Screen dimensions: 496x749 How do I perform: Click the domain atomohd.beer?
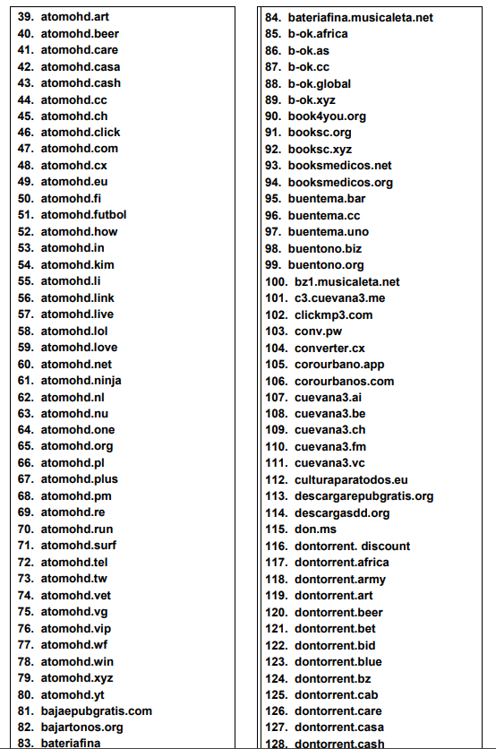pos(80,33)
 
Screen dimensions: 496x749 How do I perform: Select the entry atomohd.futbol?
pos(83,215)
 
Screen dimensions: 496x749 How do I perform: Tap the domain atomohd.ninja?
pos(81,381)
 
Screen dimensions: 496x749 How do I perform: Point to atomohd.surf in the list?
pos(79,546)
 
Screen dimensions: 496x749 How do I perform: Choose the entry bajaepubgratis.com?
pos(96,711)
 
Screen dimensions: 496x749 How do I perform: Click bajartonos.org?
pos(82,727)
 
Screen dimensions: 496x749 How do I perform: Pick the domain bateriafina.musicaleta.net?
pos(360,17)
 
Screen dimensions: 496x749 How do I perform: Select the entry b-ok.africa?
pos(318,33)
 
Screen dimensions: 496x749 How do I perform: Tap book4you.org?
pos(327,116)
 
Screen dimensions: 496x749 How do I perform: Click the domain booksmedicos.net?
pos(340,166)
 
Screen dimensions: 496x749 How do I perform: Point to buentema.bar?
pos(327,199)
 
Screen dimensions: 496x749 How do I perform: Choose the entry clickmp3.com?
pos(333,314)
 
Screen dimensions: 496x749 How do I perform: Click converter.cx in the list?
pos(329,348)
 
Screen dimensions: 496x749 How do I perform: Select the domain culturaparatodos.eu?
pos(351,480)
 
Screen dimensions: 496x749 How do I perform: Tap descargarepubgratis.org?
pos(363,496)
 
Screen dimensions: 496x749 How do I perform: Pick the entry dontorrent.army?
pos(340,579)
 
